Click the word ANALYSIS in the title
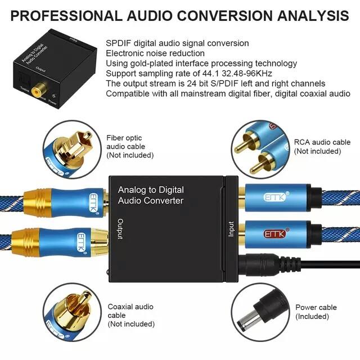click(304, 15)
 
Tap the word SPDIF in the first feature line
click(119, 43)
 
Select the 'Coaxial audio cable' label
click(131, 315)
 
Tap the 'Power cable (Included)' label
click(316, 312)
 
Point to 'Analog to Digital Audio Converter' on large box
click(151, 195)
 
